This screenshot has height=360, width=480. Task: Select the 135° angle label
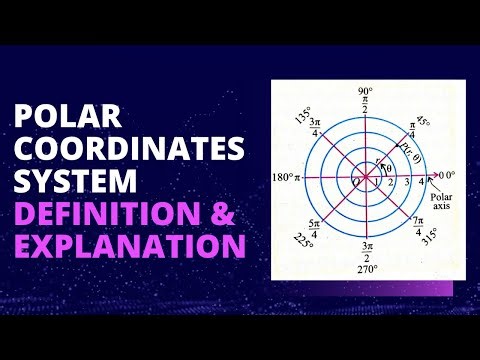click(304, 112)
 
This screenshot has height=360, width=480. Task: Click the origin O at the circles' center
click(355, 182)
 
